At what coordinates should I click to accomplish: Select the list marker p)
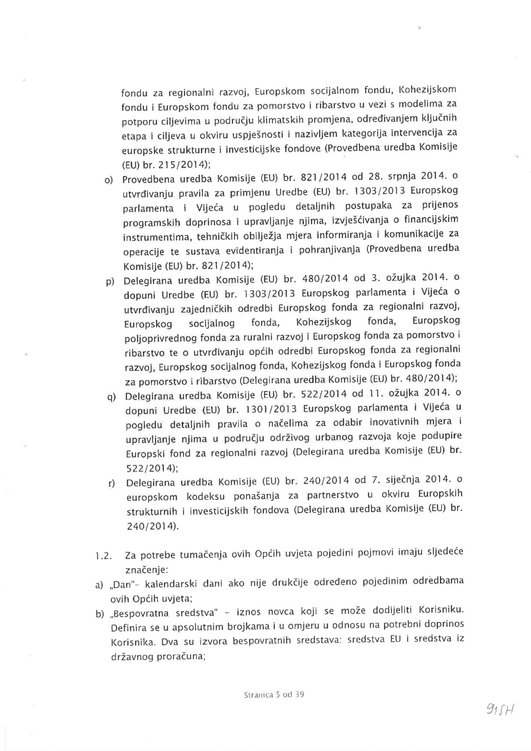point(110,282)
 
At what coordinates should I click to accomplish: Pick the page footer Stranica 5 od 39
point(274,695)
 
